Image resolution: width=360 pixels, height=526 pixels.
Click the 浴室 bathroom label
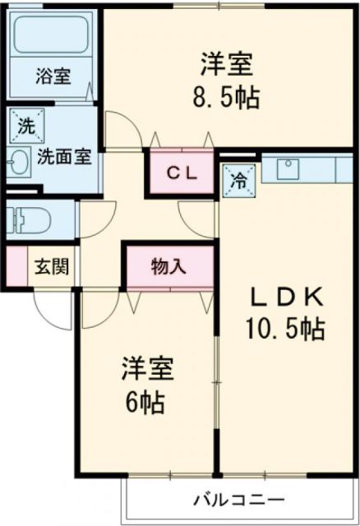click(53, 78)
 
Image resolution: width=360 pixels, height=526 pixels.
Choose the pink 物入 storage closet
click(168, 266)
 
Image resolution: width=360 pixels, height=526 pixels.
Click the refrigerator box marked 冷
click(238, 178)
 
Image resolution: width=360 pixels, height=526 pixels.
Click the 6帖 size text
click(148, 403)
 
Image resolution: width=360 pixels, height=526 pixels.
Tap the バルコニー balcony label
click(239, 499)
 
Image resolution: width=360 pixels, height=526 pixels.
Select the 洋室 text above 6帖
click(149, 369)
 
